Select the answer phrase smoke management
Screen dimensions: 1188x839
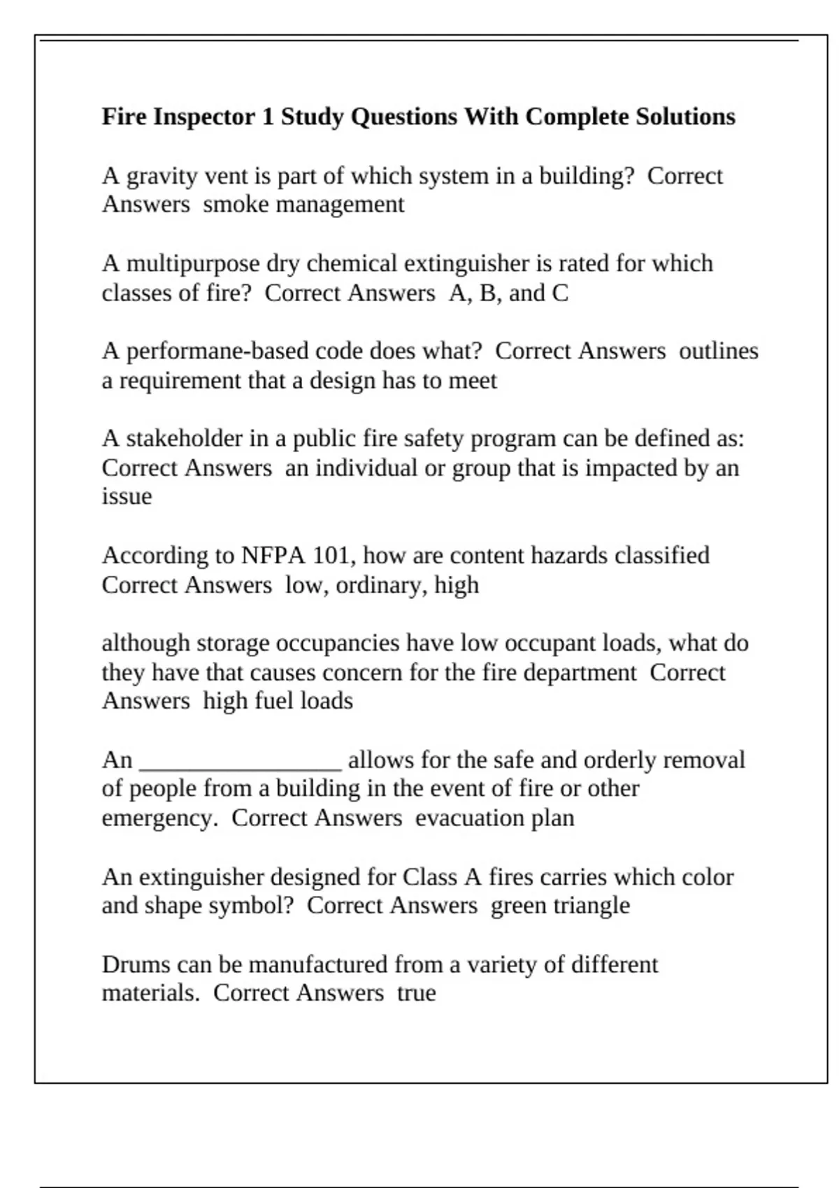[303, 205]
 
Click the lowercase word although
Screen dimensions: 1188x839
[145, 643]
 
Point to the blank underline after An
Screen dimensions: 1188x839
[241, 762]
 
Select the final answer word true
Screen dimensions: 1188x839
[417, 993]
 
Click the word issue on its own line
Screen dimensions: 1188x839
[127, 497]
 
